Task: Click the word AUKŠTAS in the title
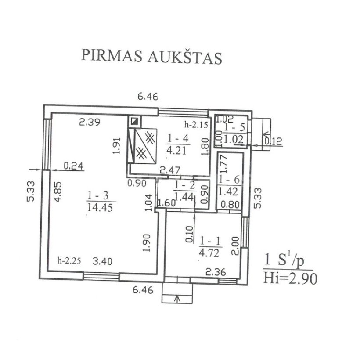coord(184,57)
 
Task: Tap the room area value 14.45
coord(100,207)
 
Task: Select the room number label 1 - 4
coord(178,138)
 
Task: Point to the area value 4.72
coord(209,253)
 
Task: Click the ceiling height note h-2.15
coord(196,125)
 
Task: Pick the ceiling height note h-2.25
coord(69,261)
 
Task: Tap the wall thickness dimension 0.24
coord(73,166)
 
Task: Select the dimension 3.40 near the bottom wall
coord(102,261)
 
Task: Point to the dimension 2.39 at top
coord(90,122)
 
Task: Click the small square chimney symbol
coord(134,121)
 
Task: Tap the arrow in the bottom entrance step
coord(177,299)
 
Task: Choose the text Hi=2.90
coord(290,278)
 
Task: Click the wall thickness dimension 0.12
coord(273,141)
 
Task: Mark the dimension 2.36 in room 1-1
coord(216,272)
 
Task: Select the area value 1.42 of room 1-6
coord(228,191)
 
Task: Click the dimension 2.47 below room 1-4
coord(170,170)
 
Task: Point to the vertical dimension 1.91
coord(117,145)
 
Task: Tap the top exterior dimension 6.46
coord(148,96)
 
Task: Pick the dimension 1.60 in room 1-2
coord(167,203)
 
